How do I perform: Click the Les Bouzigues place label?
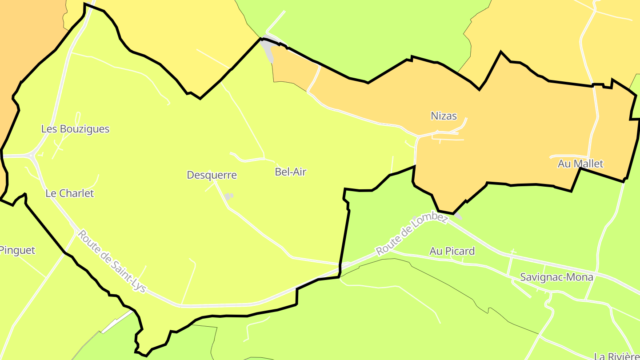[x=75, y=129]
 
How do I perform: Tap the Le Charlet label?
[x=70, y=193]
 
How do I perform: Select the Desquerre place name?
[x=212, y=175]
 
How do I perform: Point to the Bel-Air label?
[x=291, y=172]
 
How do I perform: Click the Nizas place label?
[x=444, y=116]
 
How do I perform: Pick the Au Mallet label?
[x=580, y=164]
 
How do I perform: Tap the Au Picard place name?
[x=452, y=251]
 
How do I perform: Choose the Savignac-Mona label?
[x=556, y=277]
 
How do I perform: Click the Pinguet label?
[x=17, y=250]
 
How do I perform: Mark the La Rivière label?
[x=617, y=356]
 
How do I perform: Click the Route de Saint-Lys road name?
[x=112, y=261]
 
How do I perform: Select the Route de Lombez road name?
[x=412, y=234]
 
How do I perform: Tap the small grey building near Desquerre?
[x=228, y=196]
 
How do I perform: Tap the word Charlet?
[x=76, y=193]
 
